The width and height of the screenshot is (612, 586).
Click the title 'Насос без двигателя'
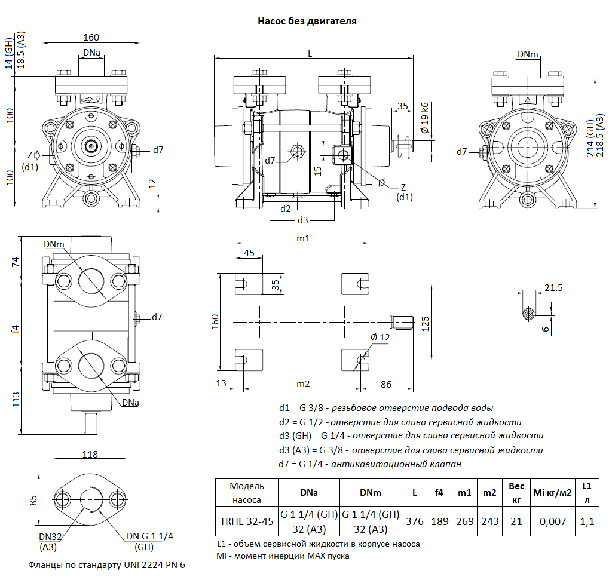pyautogui.click(x=307, y=22)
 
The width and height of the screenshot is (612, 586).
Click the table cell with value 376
pyautogui.click(x=414, y=521)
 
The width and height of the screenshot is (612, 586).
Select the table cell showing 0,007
pyautogui.click(x=552, y=521)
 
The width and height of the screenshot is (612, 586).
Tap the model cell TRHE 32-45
pyautogui.click(x=247, y=521)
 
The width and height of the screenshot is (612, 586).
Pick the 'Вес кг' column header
pyautogui.click(x=516, y=493)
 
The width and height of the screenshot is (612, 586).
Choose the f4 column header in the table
pyautogui.click(x=439, y=493)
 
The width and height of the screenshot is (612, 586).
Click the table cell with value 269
pyautogui.click(x=464, y=521)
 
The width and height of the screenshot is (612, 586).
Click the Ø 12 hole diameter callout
pyautogui.click(x=380, y=338)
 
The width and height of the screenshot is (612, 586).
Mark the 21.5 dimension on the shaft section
pyautogui.click(x=554, y=289)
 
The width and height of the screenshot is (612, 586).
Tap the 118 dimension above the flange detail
pyautogui.click(x=90, y=455)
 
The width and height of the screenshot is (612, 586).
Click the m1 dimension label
pyautogui.click(x=303, y=238)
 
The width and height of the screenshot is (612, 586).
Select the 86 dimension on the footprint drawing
pyautogui.click(x=386, y=384)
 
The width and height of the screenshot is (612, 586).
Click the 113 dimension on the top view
pyautogui.click(x=16, y=400)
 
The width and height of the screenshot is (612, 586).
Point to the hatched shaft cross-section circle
pyautogui.click(x=528, y=313)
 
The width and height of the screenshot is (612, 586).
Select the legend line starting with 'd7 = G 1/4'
pyautogui.click(x=370, y=464)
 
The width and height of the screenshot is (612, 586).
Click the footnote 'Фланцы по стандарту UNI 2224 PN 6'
pyautogui.click(x=107, y=564)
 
